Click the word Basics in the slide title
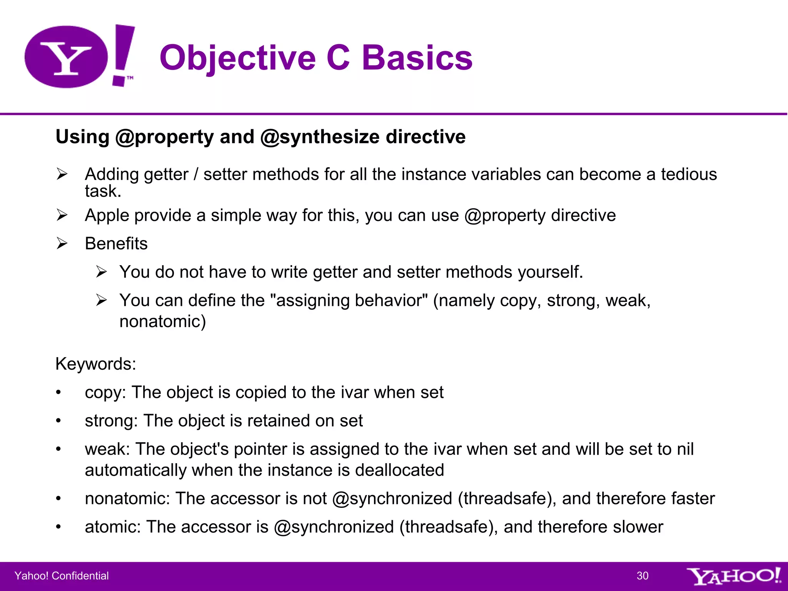pos(417,58)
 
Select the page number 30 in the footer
pos(643,576)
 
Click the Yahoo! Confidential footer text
pos(62,576)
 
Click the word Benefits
pos(116,244)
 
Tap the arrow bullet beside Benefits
pos(62,243)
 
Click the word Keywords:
pos(96,364)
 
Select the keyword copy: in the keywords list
pos(105,392)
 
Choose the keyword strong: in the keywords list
pos(111,421)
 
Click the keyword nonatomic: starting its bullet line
pos(127,498)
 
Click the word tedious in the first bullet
pos(689,174)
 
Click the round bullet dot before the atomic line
pos(58,527)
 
